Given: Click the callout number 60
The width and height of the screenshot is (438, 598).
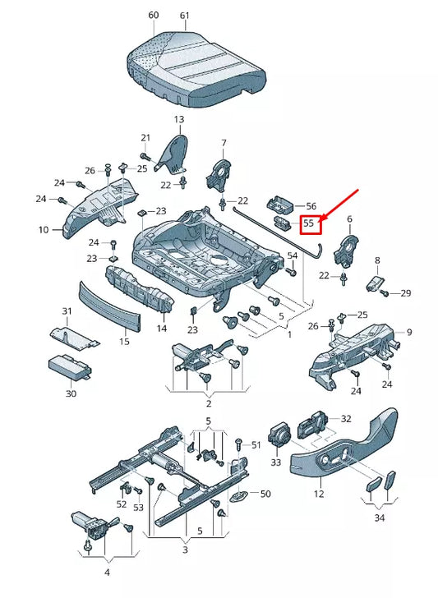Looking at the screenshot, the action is [154, 16].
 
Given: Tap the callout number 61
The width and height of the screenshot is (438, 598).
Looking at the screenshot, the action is [185, 16].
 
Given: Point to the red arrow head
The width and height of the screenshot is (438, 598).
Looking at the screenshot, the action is [320, 218].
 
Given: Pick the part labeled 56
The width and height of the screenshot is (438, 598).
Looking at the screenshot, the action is [280, 204].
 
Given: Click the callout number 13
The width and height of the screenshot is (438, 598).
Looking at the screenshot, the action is [179, 119].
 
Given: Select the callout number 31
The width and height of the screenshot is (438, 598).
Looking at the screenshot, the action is [67, 311].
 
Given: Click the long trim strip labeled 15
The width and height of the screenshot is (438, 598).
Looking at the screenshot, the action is [110, 309].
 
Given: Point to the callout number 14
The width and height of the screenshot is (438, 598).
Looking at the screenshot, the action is [161, 328].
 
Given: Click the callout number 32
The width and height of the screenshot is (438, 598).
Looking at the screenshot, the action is [346, 419].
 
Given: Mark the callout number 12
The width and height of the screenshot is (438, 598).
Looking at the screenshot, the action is [319, 494].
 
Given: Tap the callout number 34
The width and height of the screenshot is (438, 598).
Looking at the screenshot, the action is [380, 517].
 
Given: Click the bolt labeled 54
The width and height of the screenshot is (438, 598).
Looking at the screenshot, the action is [291, 272].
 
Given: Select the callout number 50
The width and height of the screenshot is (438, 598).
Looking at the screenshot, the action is [265, 494].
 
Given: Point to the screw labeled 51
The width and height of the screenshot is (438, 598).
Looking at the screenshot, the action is [239, 444].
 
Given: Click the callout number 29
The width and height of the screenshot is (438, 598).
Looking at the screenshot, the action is [406, 293].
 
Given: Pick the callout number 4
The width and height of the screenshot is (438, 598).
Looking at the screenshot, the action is [107, 573].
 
